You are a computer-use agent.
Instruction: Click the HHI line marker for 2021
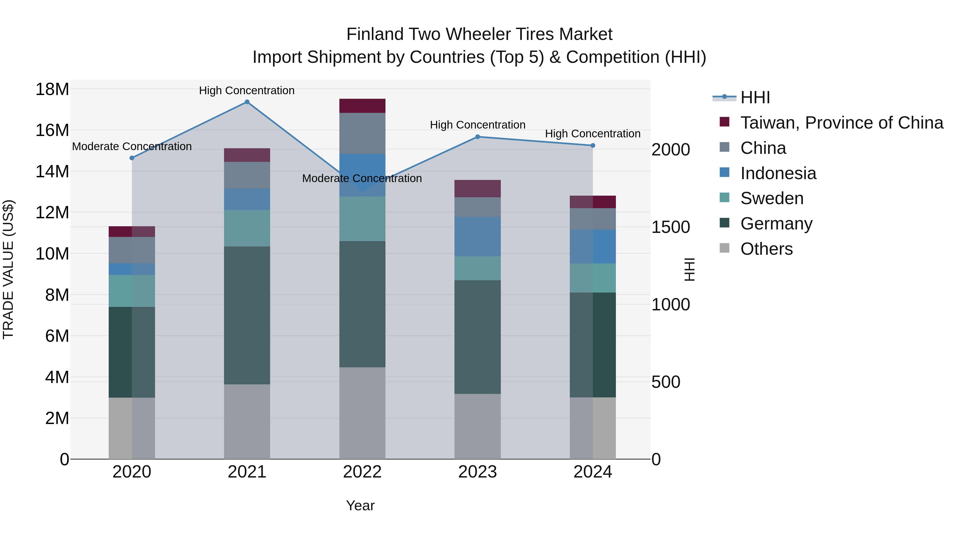(x=247, y=102)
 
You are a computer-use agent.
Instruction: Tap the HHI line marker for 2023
(x=478, y=137)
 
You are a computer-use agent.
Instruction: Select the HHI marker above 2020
(x=132, y=158)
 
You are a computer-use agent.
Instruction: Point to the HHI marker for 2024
(x=593, y=145)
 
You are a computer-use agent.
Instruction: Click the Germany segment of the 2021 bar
(x=247, y=315)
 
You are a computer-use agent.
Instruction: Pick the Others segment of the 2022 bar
(x=362, y=413)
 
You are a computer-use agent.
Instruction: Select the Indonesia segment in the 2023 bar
(x=478, y=237)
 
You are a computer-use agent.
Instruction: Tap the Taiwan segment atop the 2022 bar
(x=362, y=106)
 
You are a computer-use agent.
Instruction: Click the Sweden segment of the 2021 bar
(x=247, y=228)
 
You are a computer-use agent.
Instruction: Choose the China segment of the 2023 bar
(x=478, y=207)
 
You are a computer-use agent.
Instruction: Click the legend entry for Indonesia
(x=778, y=173)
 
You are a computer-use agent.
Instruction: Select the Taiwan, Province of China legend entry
(x=841, y=123)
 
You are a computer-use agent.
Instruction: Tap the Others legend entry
(x=766, y=249)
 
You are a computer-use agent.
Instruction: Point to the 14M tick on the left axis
(x=52, y=171)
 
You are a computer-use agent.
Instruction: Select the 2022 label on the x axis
(x=362, y=472)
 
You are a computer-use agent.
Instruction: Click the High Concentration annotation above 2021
(x=247, y=90)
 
